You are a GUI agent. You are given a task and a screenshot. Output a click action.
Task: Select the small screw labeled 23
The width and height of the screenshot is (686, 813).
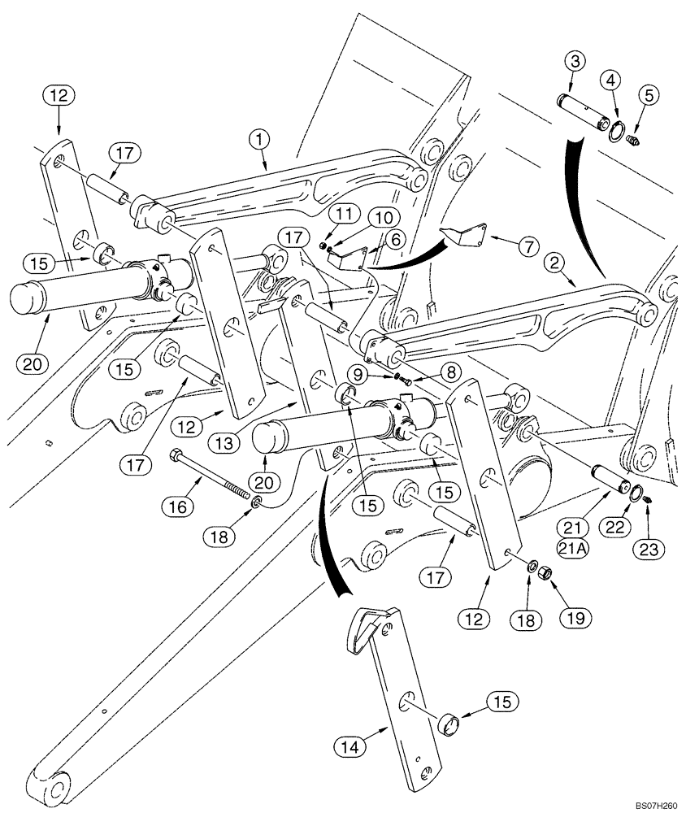pyautogui.click(x=649, y=510)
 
